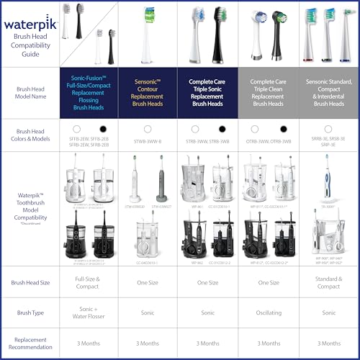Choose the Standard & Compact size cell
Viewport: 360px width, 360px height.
pyautogui.click(x=328, y=283)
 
